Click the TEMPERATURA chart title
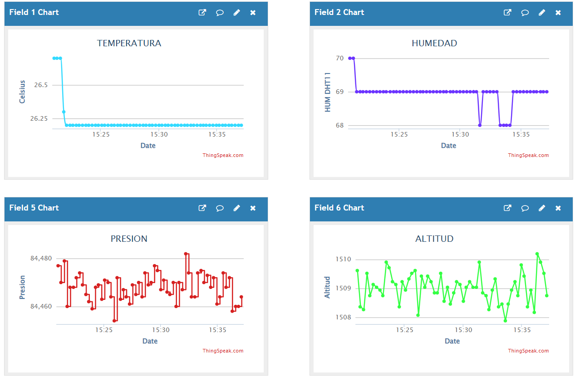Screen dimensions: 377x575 [129, 44]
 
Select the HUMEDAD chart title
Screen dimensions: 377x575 [434, 44]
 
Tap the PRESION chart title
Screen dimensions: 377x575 [129, 239]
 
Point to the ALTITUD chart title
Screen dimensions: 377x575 [434, 239]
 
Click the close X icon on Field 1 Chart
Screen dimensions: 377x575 [253, 13]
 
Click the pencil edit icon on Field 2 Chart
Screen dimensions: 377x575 [541, 13]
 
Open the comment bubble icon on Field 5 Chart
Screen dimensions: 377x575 [220, 208]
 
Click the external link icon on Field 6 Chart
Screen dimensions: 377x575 [507, 208]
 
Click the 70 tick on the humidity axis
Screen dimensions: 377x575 [339, 58]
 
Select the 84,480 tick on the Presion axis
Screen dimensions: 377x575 [41, 259]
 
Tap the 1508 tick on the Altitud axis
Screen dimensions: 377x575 [343, 318]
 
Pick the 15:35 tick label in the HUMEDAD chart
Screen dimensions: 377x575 [521, 134]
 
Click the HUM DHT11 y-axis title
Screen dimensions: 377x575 [328, 92]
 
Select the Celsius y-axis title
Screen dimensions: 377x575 [22, 92]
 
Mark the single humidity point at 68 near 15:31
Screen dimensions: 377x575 [480, 125]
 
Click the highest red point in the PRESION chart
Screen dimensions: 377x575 [186, 254]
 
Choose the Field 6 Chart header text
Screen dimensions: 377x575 [339, 208]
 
